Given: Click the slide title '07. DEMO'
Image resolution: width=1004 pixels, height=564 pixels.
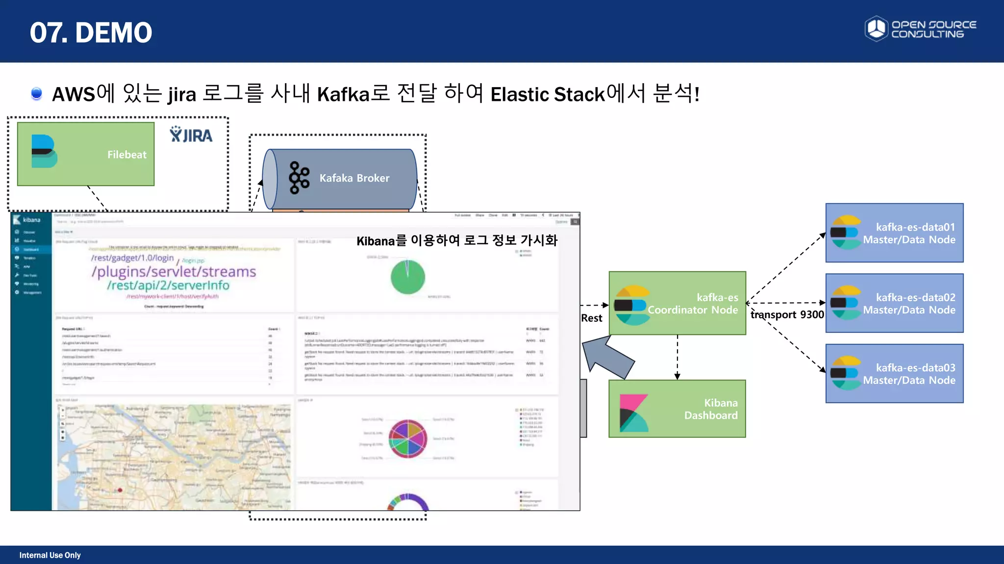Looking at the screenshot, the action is [x=91, y=32].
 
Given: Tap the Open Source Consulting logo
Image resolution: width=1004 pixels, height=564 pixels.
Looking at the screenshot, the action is [x=920, y=29].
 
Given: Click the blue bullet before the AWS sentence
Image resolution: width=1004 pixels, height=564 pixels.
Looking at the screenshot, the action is [x=36, y=93].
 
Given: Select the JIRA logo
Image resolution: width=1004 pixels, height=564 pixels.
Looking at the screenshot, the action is [x=191, y=135].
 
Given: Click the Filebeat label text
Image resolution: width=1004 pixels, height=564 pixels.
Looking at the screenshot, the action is [x=126, y=155].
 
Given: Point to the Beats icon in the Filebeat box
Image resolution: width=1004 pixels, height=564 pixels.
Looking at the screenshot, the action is [x=44, y=151].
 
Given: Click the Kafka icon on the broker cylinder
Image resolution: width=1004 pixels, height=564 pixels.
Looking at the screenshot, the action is [x=299, y=178].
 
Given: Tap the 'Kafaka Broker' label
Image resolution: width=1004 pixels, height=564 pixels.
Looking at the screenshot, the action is [x=354, y=178].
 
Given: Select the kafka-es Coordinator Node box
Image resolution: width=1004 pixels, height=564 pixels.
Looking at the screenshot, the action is [x=677, y=304].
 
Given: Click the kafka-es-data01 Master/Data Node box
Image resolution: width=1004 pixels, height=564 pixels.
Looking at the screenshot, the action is [x=894, y=233].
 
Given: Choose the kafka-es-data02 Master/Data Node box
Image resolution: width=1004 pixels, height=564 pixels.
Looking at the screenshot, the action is [x=894, y=304].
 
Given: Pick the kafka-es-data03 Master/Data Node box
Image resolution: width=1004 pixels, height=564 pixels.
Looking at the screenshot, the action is [x=894, y=374].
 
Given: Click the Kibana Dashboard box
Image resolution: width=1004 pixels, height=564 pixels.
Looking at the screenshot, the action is [x=677, y=409].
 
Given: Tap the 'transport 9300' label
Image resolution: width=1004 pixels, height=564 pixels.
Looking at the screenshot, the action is [x=787, y=315].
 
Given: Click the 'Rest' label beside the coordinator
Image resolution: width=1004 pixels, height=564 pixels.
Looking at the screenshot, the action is [x=591, y=318].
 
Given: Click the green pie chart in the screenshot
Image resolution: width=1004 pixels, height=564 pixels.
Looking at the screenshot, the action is [x=407, y=277].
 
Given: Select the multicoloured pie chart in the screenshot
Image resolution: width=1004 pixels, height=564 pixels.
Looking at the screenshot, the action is [x=407, y=439].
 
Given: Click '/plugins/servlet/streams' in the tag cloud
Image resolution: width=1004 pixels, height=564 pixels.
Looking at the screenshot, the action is [x=174, y=272].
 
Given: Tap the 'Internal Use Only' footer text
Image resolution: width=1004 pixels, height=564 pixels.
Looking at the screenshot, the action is [x=50, y=555].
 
